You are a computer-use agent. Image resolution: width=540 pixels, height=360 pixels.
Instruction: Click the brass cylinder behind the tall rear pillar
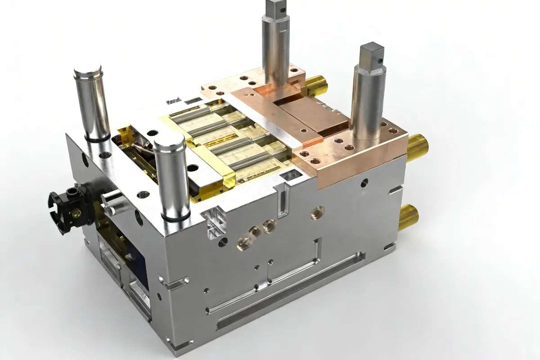(316, 83)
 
